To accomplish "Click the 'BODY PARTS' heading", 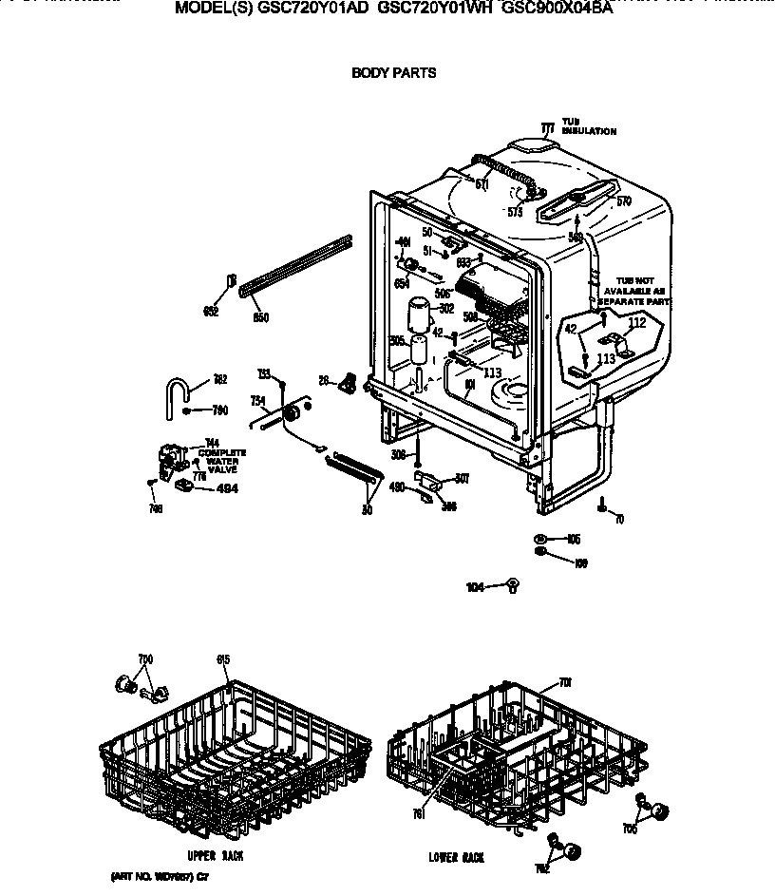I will click(x=394, y=72).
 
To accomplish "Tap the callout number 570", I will click(x=623, y=200).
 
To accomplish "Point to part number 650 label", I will click(x=259, y=316).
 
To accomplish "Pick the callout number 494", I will click(x=228, y=488).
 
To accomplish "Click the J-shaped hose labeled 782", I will click(x=176, y=391).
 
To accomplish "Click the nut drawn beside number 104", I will click(x=513, y=585).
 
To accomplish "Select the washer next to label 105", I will click(x=539, y=537).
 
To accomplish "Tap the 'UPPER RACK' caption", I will click(x=217, y=856).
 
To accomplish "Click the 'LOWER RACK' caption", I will click(x=456, y=857).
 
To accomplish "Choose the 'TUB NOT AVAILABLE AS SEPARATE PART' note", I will click(x=634, y=290).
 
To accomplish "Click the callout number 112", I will click(x=636, y=323).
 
